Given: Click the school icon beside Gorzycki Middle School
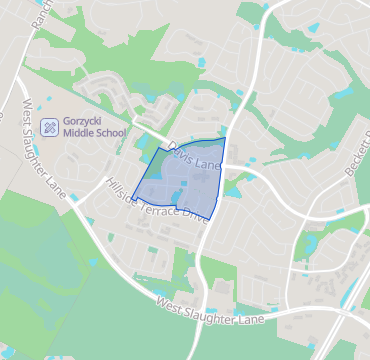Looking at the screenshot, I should (x=50, y=126).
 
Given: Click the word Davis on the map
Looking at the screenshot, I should (x=182, y=151).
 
